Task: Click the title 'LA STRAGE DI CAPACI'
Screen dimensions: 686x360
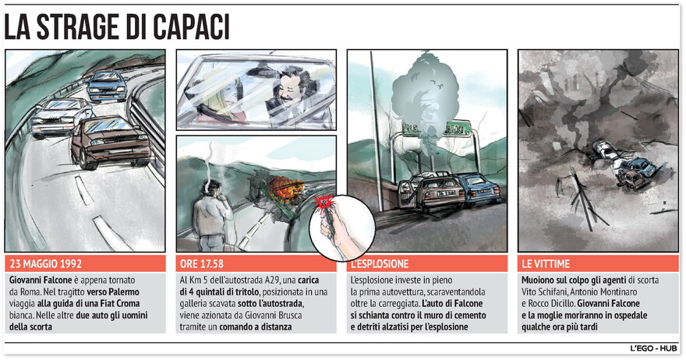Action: click(x=117, y=28)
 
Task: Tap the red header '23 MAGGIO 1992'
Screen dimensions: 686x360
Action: click(x=46, y=264)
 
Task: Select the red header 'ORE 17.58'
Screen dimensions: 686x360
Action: click(x=202, y=264)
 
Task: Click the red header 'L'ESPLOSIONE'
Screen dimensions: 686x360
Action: click(x=380, y=264)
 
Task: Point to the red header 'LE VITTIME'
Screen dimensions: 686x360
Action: click(x=546, y=264)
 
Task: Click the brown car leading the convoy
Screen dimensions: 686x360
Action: click(x=110, y=141)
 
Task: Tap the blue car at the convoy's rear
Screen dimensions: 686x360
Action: click(x=106, y=86)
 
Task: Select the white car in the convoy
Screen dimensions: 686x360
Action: click(x=62, y=116)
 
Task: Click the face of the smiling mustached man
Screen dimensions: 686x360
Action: click(x=292, y=88)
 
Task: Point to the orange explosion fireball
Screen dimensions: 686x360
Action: click(x=283, y=189)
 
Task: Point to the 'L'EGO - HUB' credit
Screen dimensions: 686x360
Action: click(x=653, y=348)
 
